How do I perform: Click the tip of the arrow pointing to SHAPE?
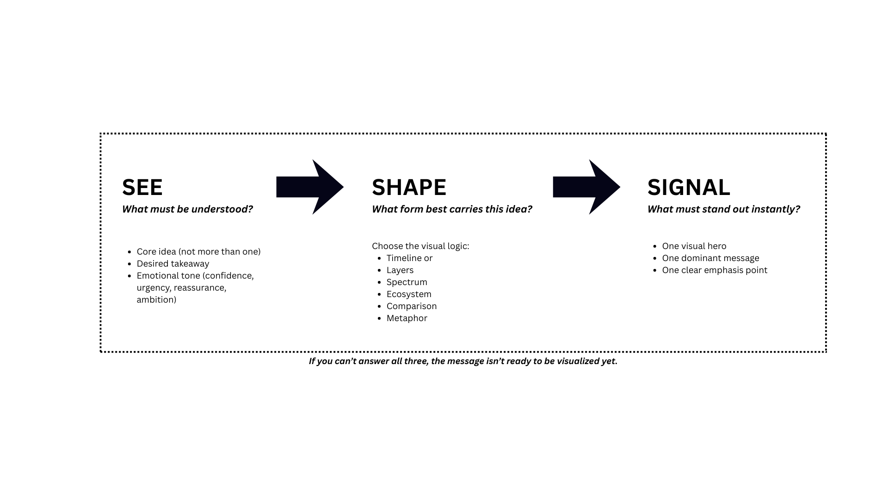344,187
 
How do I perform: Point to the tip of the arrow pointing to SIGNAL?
620,187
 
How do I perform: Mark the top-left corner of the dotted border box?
101,134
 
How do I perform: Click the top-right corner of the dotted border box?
826,134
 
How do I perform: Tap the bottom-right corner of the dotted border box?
826,352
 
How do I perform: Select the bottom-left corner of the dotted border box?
101,352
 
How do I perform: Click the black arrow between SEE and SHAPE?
310,187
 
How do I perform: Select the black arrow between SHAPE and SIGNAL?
586,187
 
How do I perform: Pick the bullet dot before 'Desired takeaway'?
129,264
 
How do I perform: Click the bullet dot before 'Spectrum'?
379,283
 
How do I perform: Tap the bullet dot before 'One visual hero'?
655,247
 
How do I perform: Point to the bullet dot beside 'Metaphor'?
379,319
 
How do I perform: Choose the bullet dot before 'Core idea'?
129,252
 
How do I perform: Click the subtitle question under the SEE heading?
187,209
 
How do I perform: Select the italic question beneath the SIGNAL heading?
724,209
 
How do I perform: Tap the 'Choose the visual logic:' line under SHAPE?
420,246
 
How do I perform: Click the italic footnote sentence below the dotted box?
463,361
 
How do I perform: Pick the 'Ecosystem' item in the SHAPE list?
409,294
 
